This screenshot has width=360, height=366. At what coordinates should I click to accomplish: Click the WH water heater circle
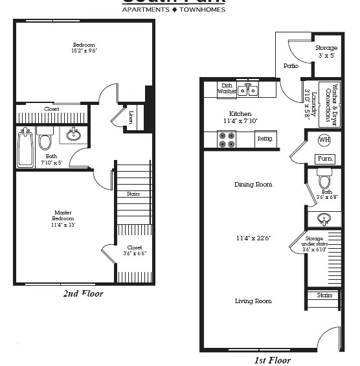tap(324, 140)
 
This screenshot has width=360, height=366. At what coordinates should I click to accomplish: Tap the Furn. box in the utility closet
tap(324, 159)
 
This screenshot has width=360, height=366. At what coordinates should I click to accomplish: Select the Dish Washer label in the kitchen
tap(227, 89)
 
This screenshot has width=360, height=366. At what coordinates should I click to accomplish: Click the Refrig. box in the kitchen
tap(265, 139)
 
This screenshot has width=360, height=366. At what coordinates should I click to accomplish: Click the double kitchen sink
tap(247, 91)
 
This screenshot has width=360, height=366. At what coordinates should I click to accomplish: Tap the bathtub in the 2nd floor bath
tap(25, 148)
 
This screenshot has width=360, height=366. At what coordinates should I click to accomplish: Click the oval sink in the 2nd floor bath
tap(74, 135)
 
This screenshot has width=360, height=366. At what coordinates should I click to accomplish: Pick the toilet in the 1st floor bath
tap(324, 178)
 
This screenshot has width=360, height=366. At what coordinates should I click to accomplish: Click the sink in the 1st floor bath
tap(324, 218)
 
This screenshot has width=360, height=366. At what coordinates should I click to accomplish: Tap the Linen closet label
tap(131, 117)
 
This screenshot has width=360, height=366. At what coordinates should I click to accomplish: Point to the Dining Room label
tap(253, 185)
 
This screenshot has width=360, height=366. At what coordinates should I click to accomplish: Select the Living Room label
tap(253, 301)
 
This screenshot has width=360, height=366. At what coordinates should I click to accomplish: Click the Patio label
tap(291, 65)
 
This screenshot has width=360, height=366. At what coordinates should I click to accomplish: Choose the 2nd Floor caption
tap(83, 293)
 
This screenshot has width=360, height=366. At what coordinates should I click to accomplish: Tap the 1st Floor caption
tap(272, 360)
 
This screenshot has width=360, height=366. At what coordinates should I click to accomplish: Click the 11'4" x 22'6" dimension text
tap(253, 238)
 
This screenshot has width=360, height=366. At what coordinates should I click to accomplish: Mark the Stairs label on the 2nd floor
tap(133, 194)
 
